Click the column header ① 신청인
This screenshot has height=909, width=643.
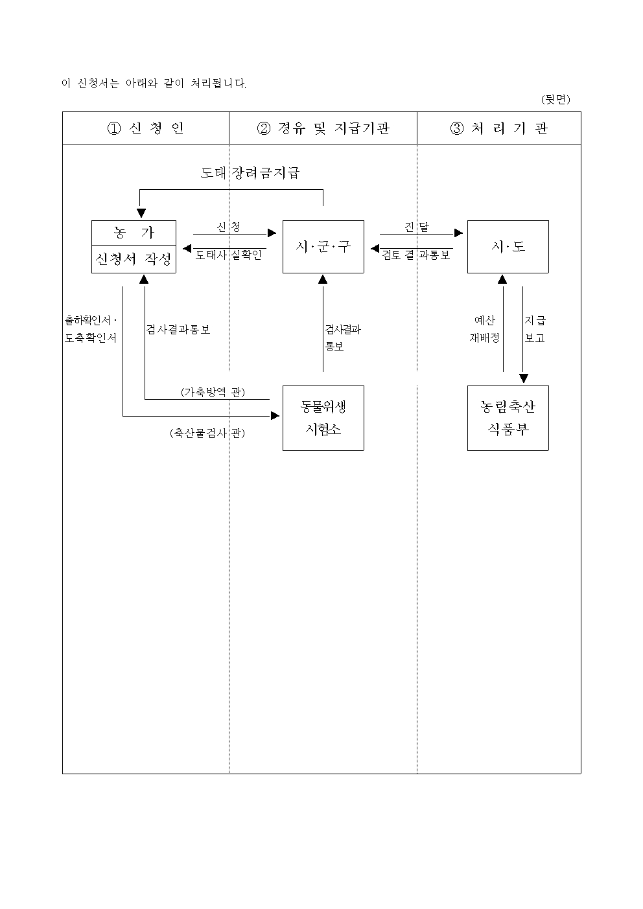[x=145, y=128]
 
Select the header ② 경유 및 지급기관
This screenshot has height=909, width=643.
[x=323, y=128]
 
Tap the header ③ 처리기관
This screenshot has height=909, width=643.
[x=499, y=128]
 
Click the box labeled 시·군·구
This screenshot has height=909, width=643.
[x=323, y=247]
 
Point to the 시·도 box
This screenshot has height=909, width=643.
[x=508, y=247]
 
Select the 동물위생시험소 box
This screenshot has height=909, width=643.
[x=323, y=418]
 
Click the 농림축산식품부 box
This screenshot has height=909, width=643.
[x=508, y=418]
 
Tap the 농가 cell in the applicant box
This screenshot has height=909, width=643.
[x=134, y=233]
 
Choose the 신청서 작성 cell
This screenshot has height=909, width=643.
[x=134, y=259]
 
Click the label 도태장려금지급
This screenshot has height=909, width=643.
[x=250, y=173]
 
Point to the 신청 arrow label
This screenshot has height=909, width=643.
[x=229, y=227]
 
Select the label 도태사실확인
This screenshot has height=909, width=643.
[x=229, y=255]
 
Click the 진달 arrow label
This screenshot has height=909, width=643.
[x=417, y=227]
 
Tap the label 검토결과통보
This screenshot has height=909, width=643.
[x=416, y=255]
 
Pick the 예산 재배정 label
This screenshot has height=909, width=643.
[x=484, y=329]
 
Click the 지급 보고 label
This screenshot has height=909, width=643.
[x=535, y=329]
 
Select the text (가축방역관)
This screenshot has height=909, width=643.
[x=213, y=392]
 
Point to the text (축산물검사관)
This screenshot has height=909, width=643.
[x=207, y=433]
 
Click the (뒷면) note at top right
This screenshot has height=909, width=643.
[x=555, y=99]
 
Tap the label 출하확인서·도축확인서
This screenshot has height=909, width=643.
[x=91, y=329]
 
